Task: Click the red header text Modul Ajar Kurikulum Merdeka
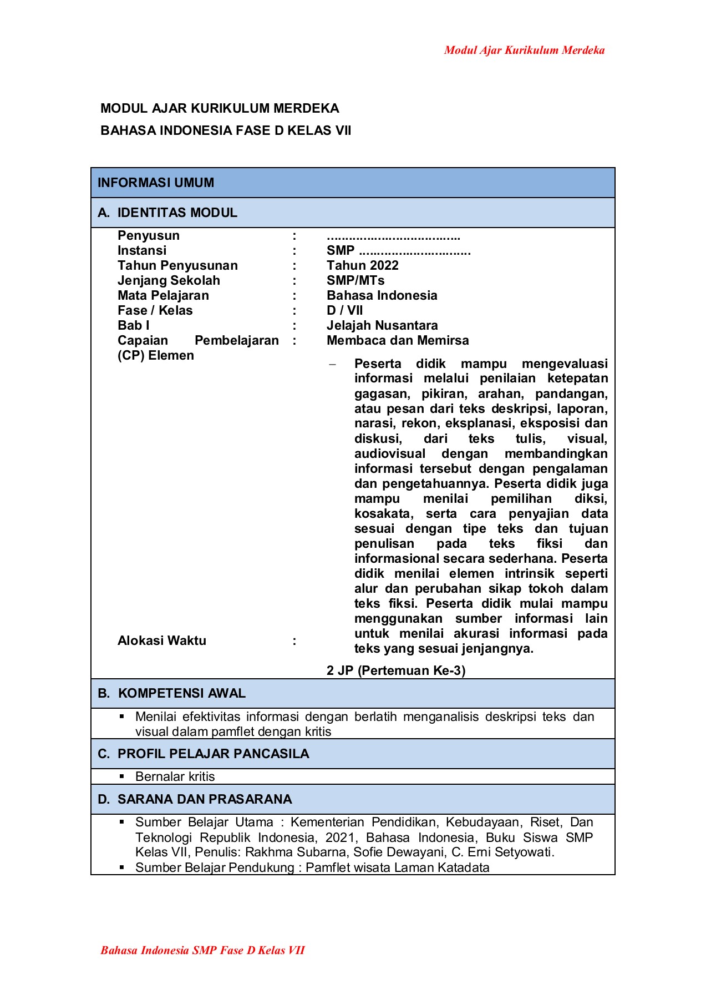point(524,51)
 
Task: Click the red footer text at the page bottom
point(202,950)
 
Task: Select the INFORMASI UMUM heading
point(156,183)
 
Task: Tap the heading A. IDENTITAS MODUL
point(167,213)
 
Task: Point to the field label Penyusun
point(149,236)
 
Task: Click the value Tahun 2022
point(362,266)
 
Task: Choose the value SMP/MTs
point(355,281)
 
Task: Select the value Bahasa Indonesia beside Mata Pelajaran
point(382,296)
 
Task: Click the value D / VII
point(344,311)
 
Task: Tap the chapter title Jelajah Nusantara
point(382,326)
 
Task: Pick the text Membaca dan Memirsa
point(398,341)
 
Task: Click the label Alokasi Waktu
point(162,641)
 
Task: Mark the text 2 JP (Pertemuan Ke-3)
point(396,670)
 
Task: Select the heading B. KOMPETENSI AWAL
point(171,694)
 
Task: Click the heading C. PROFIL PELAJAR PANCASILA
point(203,754)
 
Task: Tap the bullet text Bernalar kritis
point(175,777)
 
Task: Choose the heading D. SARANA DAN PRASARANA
point(195,799)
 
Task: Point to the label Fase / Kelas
point(155,311)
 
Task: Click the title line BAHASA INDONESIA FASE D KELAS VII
point(226,131)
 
